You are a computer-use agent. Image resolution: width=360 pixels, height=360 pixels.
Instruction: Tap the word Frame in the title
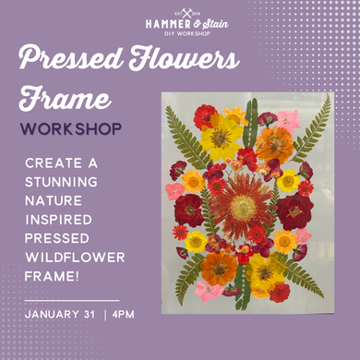tap(66, 99)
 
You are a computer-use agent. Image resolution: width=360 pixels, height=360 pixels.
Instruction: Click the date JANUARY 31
tap(63, 315)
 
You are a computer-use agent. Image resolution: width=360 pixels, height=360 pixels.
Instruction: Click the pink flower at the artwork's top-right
tap(287, 120)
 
